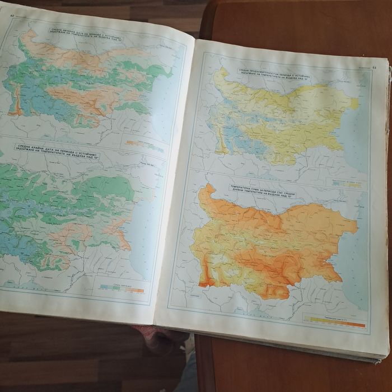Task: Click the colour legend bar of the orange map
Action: (335, 323)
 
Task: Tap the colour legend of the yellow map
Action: (346, 183)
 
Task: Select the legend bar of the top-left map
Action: (144, 146)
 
